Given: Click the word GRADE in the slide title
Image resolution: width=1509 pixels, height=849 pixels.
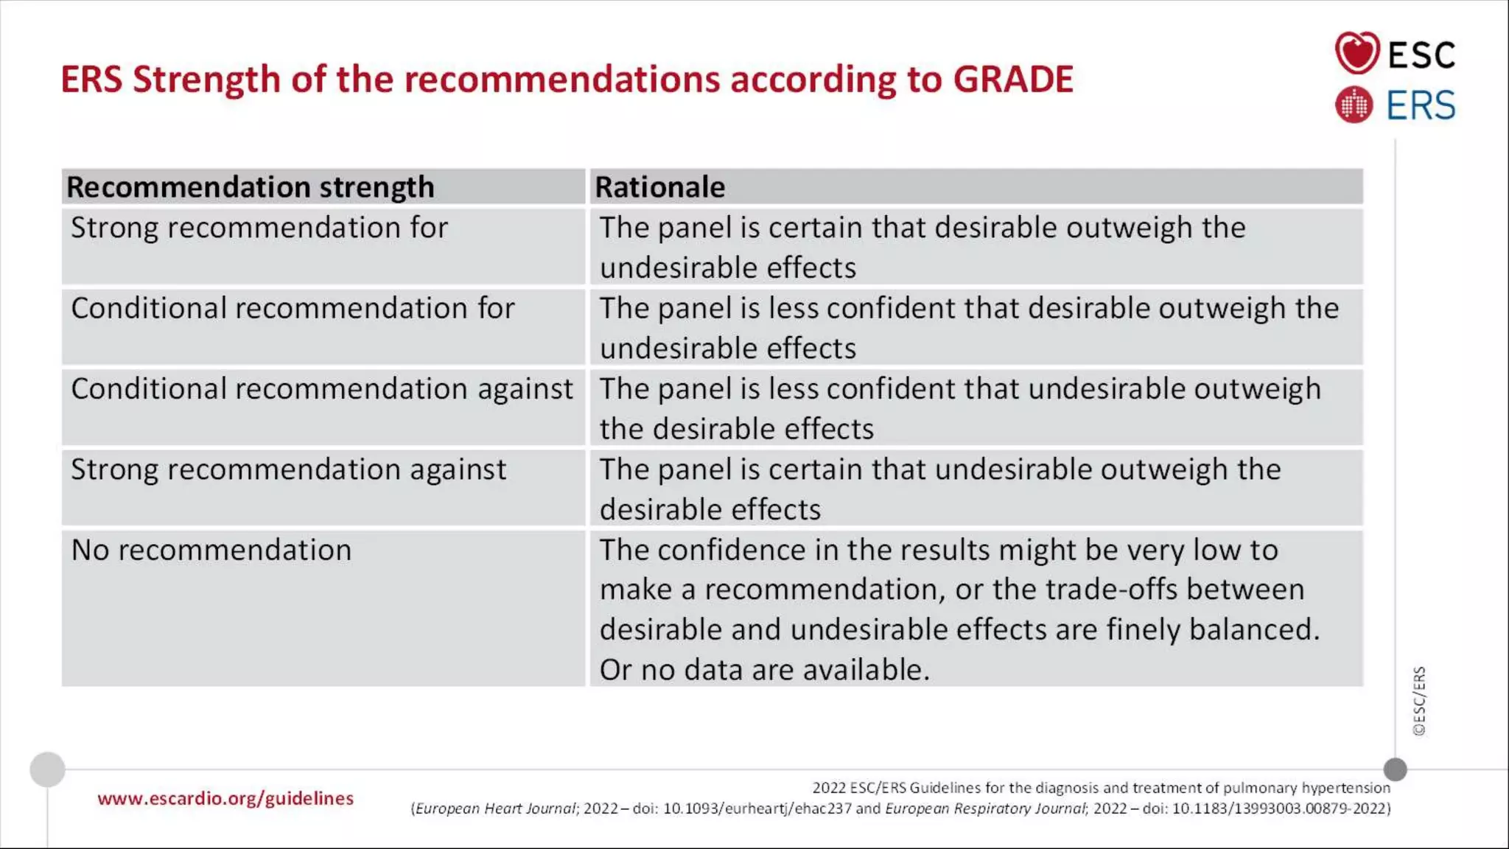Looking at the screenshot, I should coord(1012,80).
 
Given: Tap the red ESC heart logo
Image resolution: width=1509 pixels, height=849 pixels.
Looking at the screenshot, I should coord(1356,53).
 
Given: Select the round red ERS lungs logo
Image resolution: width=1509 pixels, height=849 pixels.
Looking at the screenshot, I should coord(1354,105).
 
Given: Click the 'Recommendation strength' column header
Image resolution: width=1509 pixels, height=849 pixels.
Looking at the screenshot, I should coord(251,187).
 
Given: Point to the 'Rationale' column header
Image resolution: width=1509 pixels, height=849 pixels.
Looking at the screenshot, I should coord(659,187).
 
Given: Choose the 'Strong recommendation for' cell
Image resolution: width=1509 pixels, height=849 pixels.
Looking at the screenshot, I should coord(259,228).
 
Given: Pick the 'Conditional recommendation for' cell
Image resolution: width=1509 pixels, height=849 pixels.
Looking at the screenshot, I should coord(293,308).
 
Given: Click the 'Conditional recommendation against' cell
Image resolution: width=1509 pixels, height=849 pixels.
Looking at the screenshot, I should coord(321,389).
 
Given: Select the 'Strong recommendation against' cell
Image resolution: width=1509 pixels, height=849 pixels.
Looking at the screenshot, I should coord(288,469).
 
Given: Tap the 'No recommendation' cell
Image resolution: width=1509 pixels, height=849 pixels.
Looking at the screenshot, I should coord(211,551).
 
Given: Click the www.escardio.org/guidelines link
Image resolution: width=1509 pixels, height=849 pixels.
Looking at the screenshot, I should coord(225,798).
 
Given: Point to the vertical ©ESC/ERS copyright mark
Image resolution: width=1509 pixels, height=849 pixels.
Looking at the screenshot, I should coord(1419,701).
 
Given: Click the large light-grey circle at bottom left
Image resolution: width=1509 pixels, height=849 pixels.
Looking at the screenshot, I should coord(47,769).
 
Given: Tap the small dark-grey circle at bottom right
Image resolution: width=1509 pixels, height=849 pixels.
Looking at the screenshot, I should coord(1395,769).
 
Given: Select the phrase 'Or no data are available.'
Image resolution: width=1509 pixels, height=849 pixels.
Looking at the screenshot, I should coord(764,670).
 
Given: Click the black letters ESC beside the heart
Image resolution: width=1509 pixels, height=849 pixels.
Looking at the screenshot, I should coord(1421,55).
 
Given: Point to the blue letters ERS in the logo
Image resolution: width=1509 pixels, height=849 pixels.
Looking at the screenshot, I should coord(1421,105).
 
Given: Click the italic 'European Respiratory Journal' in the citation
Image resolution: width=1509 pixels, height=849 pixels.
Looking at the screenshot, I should coord(985,808).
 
